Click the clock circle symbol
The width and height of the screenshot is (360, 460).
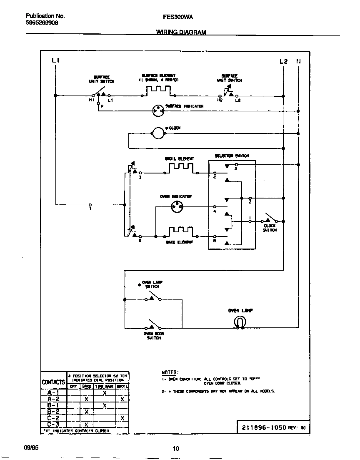tap(158, 133)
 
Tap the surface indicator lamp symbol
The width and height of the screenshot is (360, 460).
tap(158, 111)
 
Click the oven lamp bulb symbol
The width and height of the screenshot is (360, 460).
tap(240, 322)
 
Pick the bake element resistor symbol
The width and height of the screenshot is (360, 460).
tap(180, 232)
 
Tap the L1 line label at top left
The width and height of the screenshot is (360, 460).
tap(55, 61)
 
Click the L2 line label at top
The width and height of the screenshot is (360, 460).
tap(283, 61)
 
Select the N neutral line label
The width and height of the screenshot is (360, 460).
tap(298, 61)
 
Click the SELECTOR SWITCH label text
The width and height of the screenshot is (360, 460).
tap(232, 156)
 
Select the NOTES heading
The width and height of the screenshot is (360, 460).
tap(170, 372)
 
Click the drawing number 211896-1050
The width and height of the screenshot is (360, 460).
tap(262, 427)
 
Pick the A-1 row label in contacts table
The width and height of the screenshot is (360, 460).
tap(53, 393)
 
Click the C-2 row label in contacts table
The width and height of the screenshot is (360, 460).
tap(53, 418)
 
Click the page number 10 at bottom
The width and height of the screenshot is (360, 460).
tap(176, 449)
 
